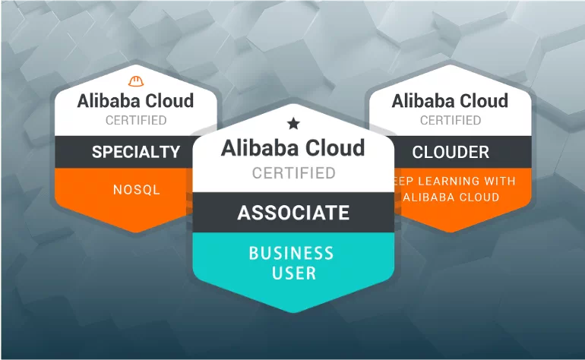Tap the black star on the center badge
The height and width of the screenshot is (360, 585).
pos(293,122)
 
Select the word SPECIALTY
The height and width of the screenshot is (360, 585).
pos(136,151)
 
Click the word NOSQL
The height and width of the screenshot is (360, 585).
pos(136,190)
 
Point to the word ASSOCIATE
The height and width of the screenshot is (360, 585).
pos(293,213)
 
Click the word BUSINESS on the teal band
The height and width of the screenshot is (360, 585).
pos(293,253)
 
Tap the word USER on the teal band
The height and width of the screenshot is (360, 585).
pos(293,272)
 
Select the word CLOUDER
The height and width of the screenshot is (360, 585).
pos(451,152)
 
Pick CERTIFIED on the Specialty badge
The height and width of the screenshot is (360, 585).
pos(136,120)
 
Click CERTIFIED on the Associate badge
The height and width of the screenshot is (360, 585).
pos(293,173)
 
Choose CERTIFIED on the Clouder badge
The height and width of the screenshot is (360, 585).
pos(451,120)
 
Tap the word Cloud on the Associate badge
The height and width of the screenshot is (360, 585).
pos(333,147)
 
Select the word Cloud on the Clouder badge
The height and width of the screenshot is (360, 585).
pos(484,100)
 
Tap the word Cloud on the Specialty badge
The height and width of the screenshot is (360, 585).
pos(169,100)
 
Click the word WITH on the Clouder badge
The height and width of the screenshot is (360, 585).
pos(499,181)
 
